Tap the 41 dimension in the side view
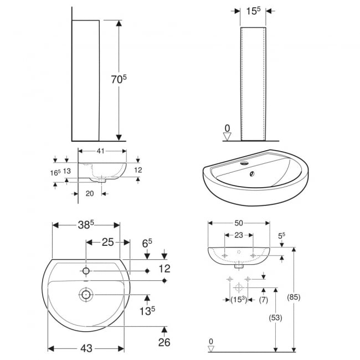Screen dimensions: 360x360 (x=100, y=150)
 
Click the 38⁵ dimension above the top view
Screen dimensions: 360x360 (x=86, y=225)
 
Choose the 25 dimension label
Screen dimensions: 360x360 (x=107, y=242)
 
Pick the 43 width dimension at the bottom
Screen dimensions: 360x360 (x=86, y=348)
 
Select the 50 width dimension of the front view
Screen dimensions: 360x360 (x=238, y=223)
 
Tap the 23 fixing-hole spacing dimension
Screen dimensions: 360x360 (x=238, y=235)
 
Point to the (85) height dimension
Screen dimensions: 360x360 (x=294, y=297)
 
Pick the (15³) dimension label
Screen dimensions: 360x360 (x=238, y=300)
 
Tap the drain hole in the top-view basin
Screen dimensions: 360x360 (x=86, y=295)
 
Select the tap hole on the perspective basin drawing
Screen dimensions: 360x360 (x=244, y=163)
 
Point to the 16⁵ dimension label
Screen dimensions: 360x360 (x=54, y=172)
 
